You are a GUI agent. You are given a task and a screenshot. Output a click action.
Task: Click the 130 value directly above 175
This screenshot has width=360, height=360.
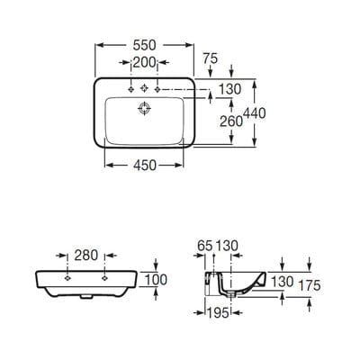click(x=283, y=282)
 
